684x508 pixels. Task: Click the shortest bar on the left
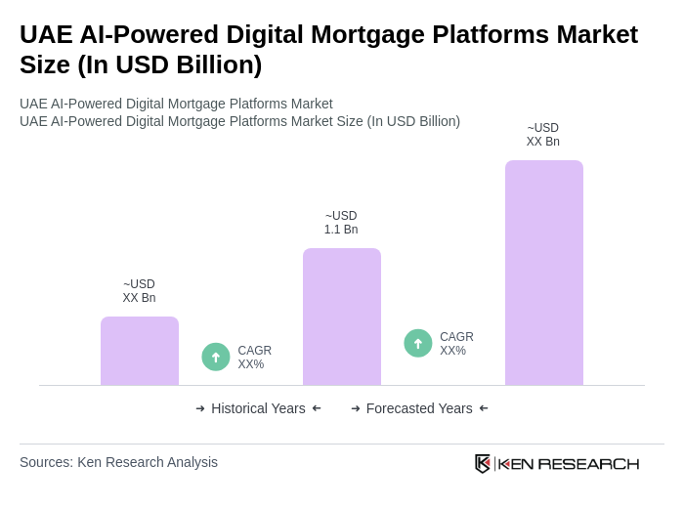point(140,351)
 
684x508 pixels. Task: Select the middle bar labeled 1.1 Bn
point(342,317)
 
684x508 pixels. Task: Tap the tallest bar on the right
point(544,273)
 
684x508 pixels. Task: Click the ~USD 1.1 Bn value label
point(341,223)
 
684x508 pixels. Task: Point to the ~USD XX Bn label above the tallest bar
point(543,135)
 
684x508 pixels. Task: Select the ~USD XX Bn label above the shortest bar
point(139,291)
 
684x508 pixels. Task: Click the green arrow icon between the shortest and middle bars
point(216,357)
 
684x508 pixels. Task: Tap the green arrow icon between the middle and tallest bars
point(418,343)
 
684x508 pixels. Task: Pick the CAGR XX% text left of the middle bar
point(254,358)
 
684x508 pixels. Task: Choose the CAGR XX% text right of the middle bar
point(456,344)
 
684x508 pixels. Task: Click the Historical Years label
point(258,408)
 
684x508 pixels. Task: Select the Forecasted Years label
point(419,408)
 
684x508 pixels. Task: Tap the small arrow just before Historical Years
point(200,408)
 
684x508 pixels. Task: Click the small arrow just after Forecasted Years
point(484,408)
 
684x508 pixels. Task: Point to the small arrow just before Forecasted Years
point(356,408)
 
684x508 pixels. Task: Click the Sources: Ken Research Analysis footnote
point(118,462)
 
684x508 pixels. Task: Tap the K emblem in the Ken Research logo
point(483,463)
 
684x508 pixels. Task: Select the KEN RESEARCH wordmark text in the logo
point(569,463)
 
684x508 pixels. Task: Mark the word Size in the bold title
point(46,64)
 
